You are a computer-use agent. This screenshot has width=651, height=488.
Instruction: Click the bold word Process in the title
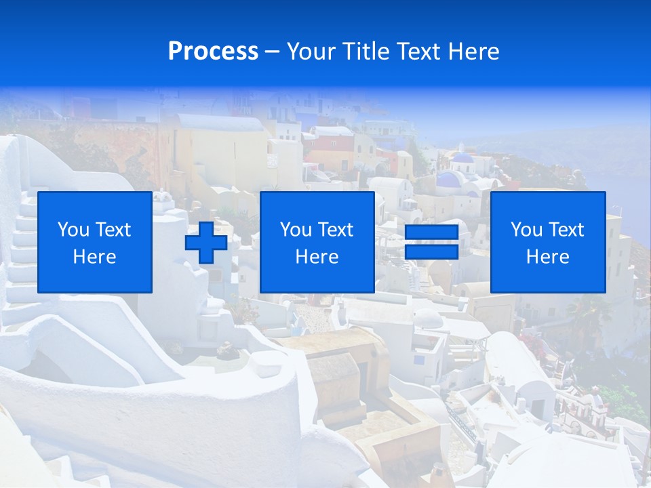(x=213, y=52)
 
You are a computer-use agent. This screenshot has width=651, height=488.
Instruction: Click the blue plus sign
(x=206, y=243)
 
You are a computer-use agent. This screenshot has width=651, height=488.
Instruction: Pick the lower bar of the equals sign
(x=431, y=252)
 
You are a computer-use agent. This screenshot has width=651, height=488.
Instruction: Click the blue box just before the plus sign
(x=94, y=242)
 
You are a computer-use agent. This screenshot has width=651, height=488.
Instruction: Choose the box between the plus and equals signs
(x=317, y=242)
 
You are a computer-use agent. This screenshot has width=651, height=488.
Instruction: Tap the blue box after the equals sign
(x=547, y=242)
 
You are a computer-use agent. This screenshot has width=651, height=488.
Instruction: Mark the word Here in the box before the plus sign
(x=94, y=257)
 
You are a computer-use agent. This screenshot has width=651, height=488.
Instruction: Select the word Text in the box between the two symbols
(x=336, y=230)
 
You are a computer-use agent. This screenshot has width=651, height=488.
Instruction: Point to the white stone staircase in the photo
(x=24, y=251)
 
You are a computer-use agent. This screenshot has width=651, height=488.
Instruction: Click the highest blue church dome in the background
(x=463, y=159)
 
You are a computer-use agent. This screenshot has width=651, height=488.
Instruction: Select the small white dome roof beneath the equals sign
(x=429, y=317)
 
